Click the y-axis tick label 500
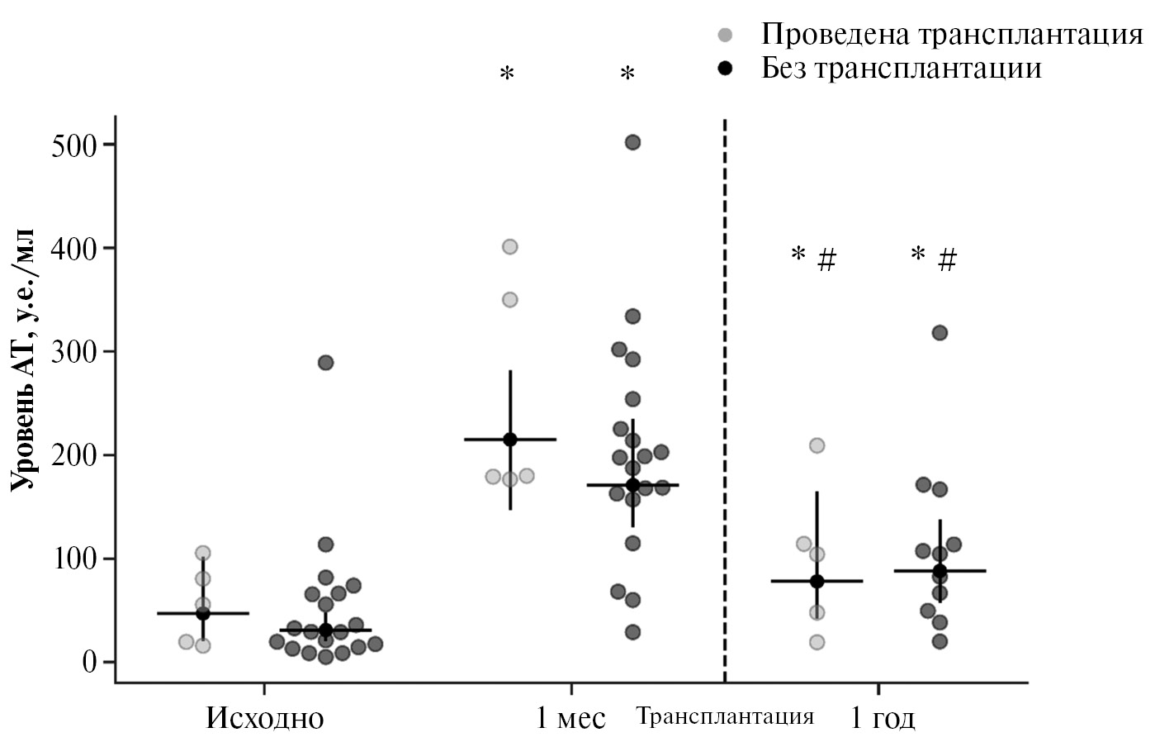coord(74,145)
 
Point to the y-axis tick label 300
coord(74,352)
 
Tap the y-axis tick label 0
coord(88,662)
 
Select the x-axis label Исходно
coord(264,718)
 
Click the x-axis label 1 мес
coord(570,718)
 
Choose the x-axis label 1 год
coord(883,718)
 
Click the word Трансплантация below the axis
coord(725,716)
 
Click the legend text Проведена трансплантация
coord(951,35)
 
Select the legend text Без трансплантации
coord(901,68)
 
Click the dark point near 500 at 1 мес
coord(632,142)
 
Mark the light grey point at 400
coord(509,246)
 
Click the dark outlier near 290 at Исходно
coord(325,363)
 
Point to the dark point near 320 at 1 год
coord(940,333)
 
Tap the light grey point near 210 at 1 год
coord(817,445)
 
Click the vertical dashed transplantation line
coord(725,397)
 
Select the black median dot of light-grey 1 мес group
coord(509,439)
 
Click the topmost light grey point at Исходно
coord(202,553)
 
